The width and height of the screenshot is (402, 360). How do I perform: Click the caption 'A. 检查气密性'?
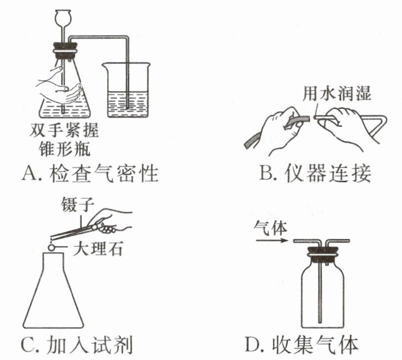click(90, 175)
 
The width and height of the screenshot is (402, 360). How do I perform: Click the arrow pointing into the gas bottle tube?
click(272, 241)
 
